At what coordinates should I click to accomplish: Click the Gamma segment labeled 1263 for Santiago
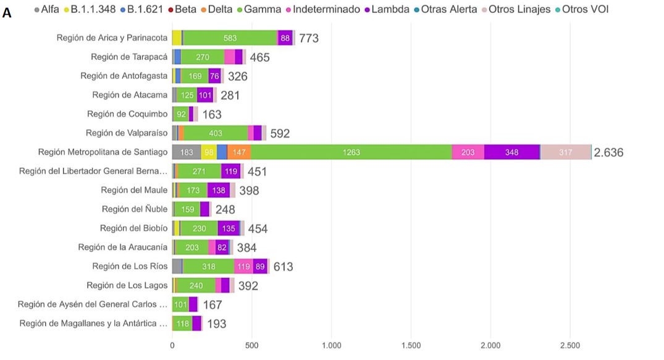point(351,153)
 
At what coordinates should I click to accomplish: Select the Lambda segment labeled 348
point(511,153)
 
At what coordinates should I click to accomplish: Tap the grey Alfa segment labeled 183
point(187,153)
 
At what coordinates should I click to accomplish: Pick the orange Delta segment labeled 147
point(238,153)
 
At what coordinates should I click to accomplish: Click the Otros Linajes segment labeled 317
point(565,153)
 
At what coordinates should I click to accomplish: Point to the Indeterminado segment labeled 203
point(468,153)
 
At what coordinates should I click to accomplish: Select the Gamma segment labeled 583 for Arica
point(230,38)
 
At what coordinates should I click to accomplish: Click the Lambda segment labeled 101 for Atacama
point(205,95)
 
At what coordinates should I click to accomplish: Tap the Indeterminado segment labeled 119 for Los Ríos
point(243,267)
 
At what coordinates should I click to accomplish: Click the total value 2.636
point(608,153)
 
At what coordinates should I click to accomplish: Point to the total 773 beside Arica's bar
point(309,38)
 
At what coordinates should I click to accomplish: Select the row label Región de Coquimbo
point(127,114)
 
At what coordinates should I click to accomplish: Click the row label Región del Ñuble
point(135,209)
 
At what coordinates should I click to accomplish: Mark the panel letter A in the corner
point(7,13)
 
